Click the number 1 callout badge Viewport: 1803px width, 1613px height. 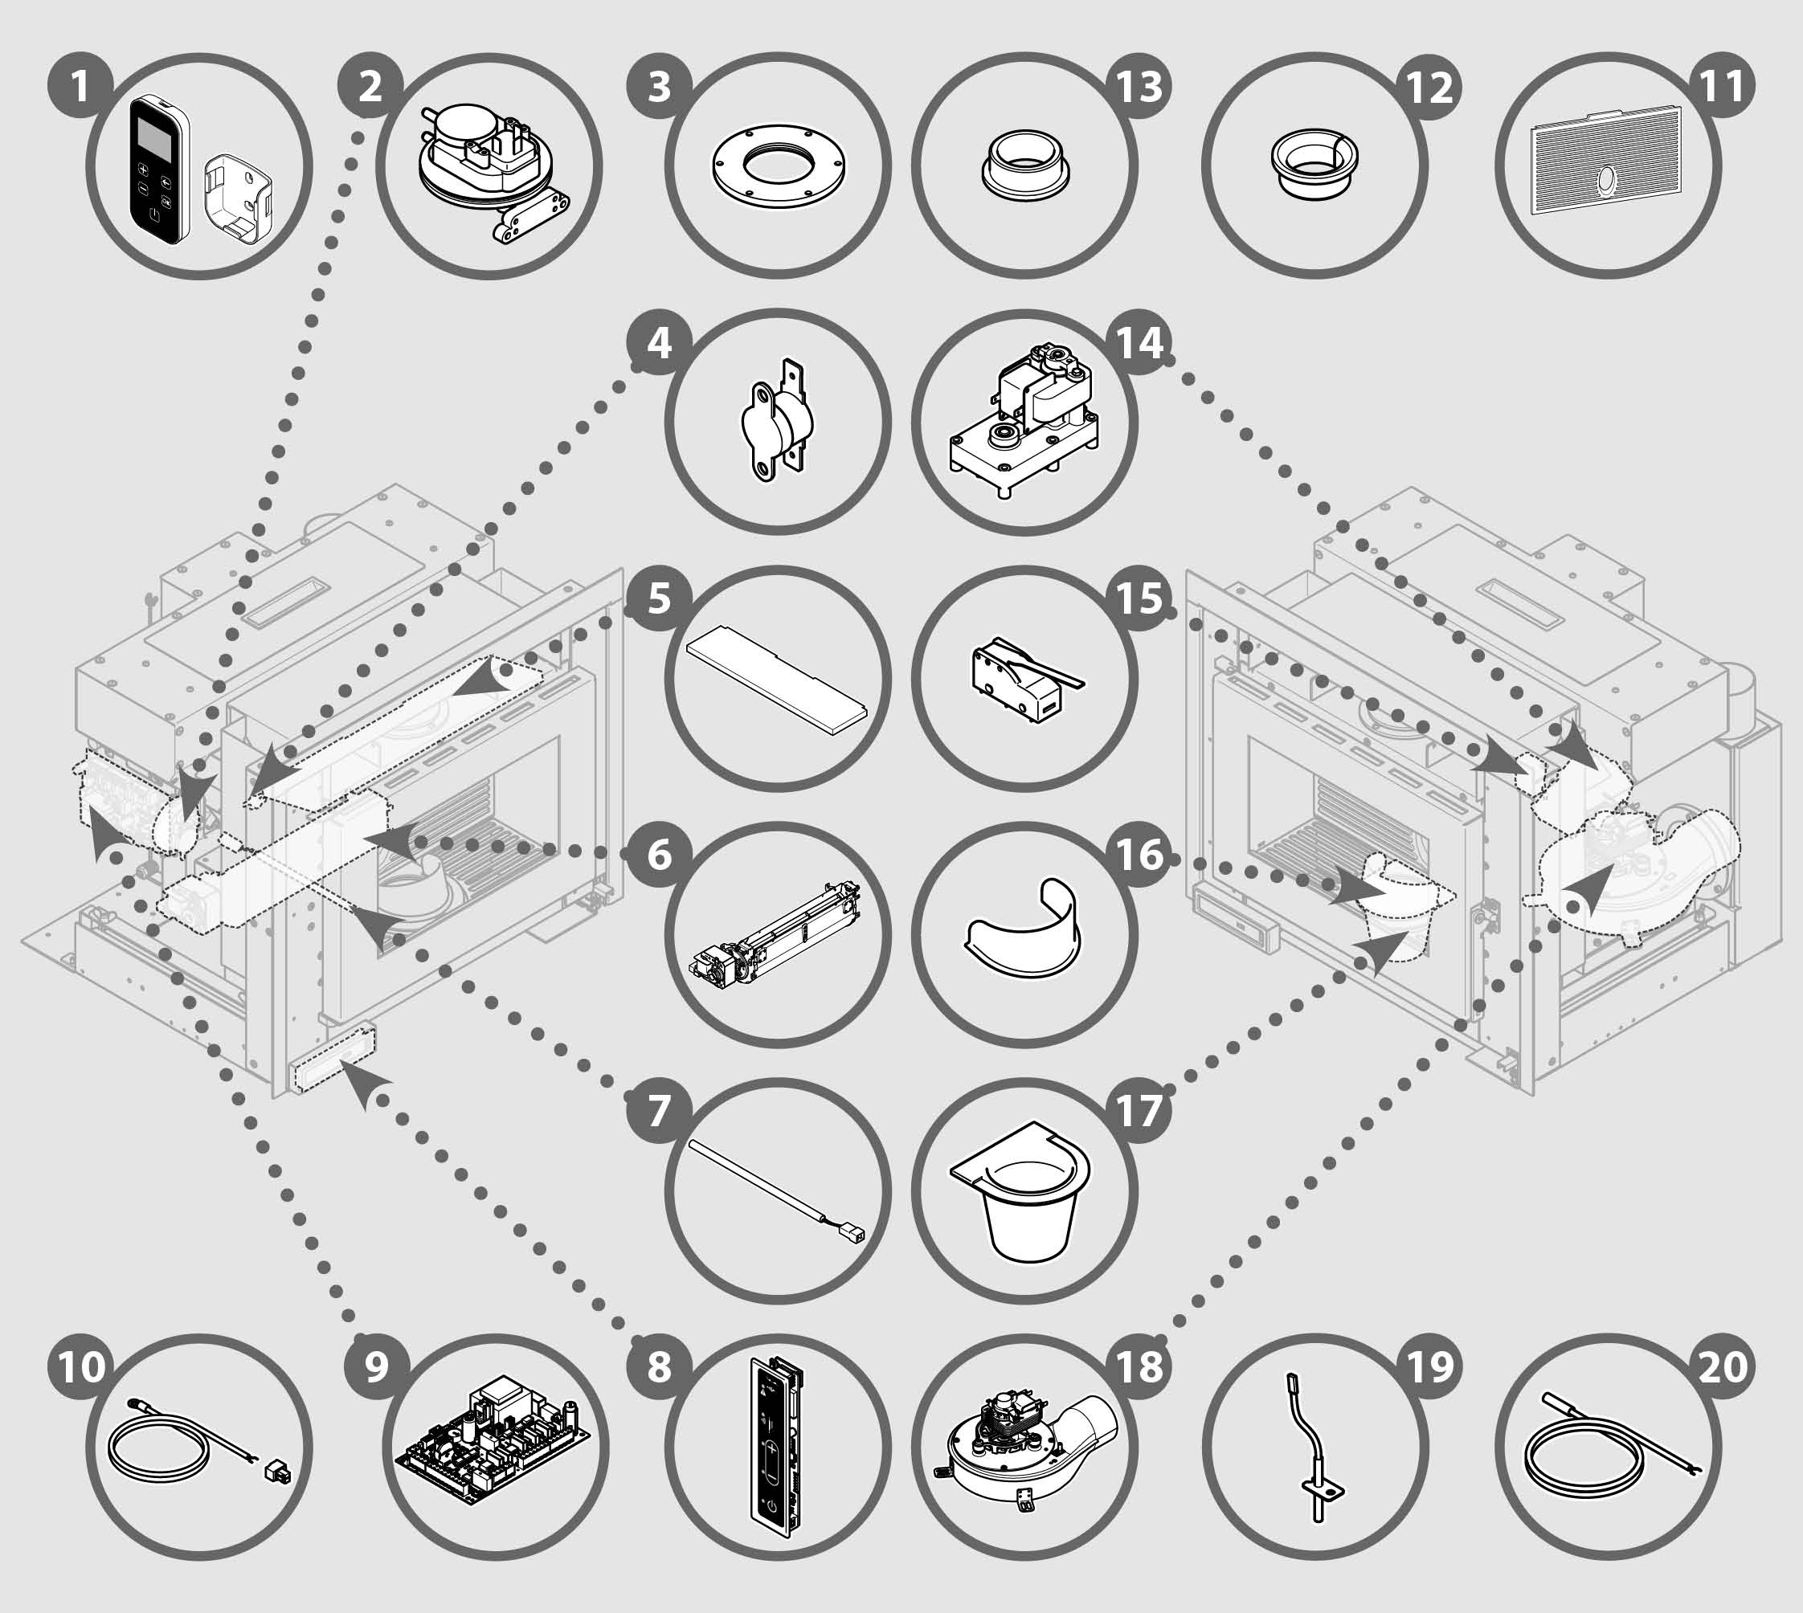80,87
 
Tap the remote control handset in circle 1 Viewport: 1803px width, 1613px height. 161,169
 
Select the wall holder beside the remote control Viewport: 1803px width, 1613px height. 238,202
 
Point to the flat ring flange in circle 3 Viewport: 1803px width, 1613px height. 779,166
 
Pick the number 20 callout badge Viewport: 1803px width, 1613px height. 1723,1366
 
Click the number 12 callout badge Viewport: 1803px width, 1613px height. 1430,87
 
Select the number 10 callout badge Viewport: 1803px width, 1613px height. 80,1366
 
